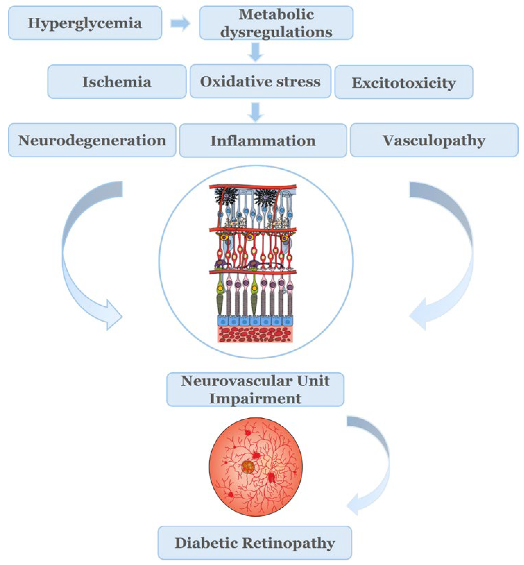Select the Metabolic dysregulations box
[x=276, y=23]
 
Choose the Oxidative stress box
[x=260, y=82]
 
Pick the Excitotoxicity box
[x=404, y=82]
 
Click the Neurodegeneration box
[x=92, y=140]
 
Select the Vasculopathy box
[x=434, y=140]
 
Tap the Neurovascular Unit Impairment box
[x=255, y=390]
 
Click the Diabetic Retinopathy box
[x=255, y=543]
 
